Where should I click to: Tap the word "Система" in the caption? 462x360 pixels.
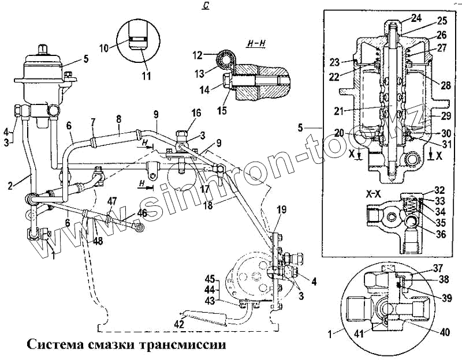pos(54,344)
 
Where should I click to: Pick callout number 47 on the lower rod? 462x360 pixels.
pos(112,201)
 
